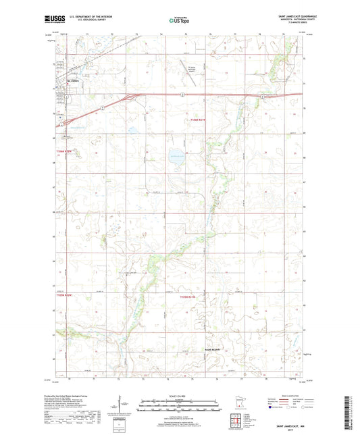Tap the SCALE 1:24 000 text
179,395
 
